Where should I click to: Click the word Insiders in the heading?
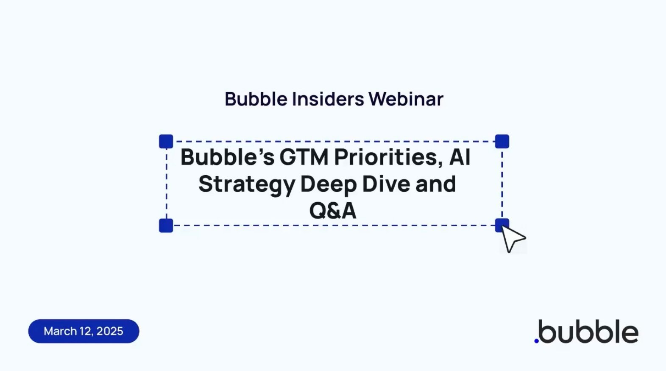click(x=328, y=99)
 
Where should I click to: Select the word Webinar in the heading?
click(x=406, y=99)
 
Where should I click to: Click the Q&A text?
click(x=333, y=210)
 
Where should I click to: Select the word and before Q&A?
click(x=435, y=184)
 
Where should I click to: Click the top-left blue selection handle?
click(x=166, y=141)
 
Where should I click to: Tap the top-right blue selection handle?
click(x=502, y=141)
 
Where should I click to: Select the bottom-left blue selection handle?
click(x=166, y=225)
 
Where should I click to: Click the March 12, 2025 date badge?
click(x=84, y=331)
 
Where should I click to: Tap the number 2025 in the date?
click(x=110, y=331)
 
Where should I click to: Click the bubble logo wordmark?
click(x=586, y=332)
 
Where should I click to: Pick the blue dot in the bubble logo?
click(x=536, y=340)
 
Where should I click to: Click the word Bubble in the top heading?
click(x=256, y=99)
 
